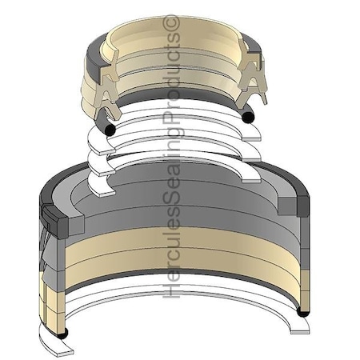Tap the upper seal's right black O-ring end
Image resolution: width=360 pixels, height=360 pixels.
point(249,118)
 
